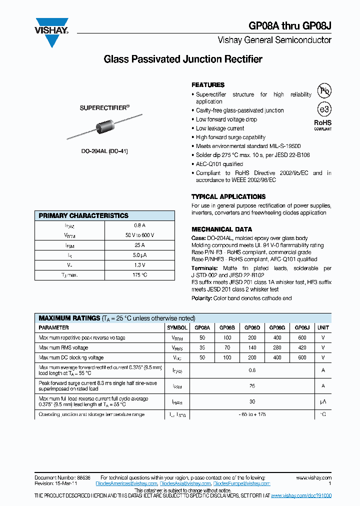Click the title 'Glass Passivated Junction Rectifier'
[x=182, y=59]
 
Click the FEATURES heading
[x=208, y=85]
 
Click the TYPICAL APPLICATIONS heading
[x=228, y=196]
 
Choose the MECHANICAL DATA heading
[x=221, y=229]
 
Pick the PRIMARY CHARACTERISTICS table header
[x=84, y=216]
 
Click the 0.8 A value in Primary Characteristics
[x=139, y=225]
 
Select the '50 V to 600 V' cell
[x=139, y=235]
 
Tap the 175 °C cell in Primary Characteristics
[x=139, y=275]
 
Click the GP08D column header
[x=252, y=328]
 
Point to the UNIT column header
[x=323, y=328]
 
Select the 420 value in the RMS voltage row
[x=302, y=348]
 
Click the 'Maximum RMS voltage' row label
[x=63, y=348]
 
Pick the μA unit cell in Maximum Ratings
[x=323, y=401]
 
